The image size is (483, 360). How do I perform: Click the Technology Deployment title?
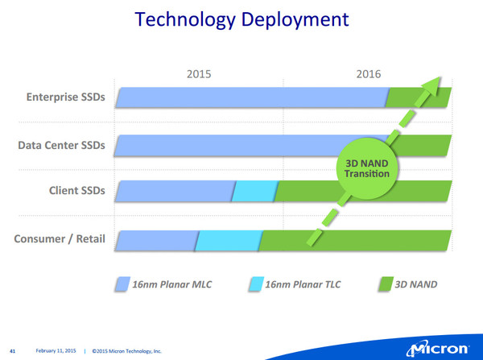(242, 19)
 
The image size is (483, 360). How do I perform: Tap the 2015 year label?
(199, 74)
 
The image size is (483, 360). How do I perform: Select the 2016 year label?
(369, 74)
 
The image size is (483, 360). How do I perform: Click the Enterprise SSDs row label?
(66, 97)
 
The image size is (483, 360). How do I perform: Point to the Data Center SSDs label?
(61, 145)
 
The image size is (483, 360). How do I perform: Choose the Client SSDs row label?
(77, 191)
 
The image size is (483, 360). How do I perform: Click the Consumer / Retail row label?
(60, 239)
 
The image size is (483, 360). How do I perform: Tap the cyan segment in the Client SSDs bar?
(255, 191)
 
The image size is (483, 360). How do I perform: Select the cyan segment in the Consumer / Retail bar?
(229, 241)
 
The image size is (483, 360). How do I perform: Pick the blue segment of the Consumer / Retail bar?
(157, 241)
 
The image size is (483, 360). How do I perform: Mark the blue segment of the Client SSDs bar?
(175, 191)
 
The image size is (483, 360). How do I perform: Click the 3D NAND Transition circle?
(367, 168)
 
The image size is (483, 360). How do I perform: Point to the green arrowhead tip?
(440, 77)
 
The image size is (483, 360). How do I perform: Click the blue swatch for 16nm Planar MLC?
(122, 283)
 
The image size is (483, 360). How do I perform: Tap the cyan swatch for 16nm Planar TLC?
(256, 283)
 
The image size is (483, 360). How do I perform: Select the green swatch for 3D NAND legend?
(386, 283)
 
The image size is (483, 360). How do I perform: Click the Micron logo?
(438, 350)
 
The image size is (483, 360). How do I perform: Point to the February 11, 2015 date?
(56, 351)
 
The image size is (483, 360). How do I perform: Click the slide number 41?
(13, 351)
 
